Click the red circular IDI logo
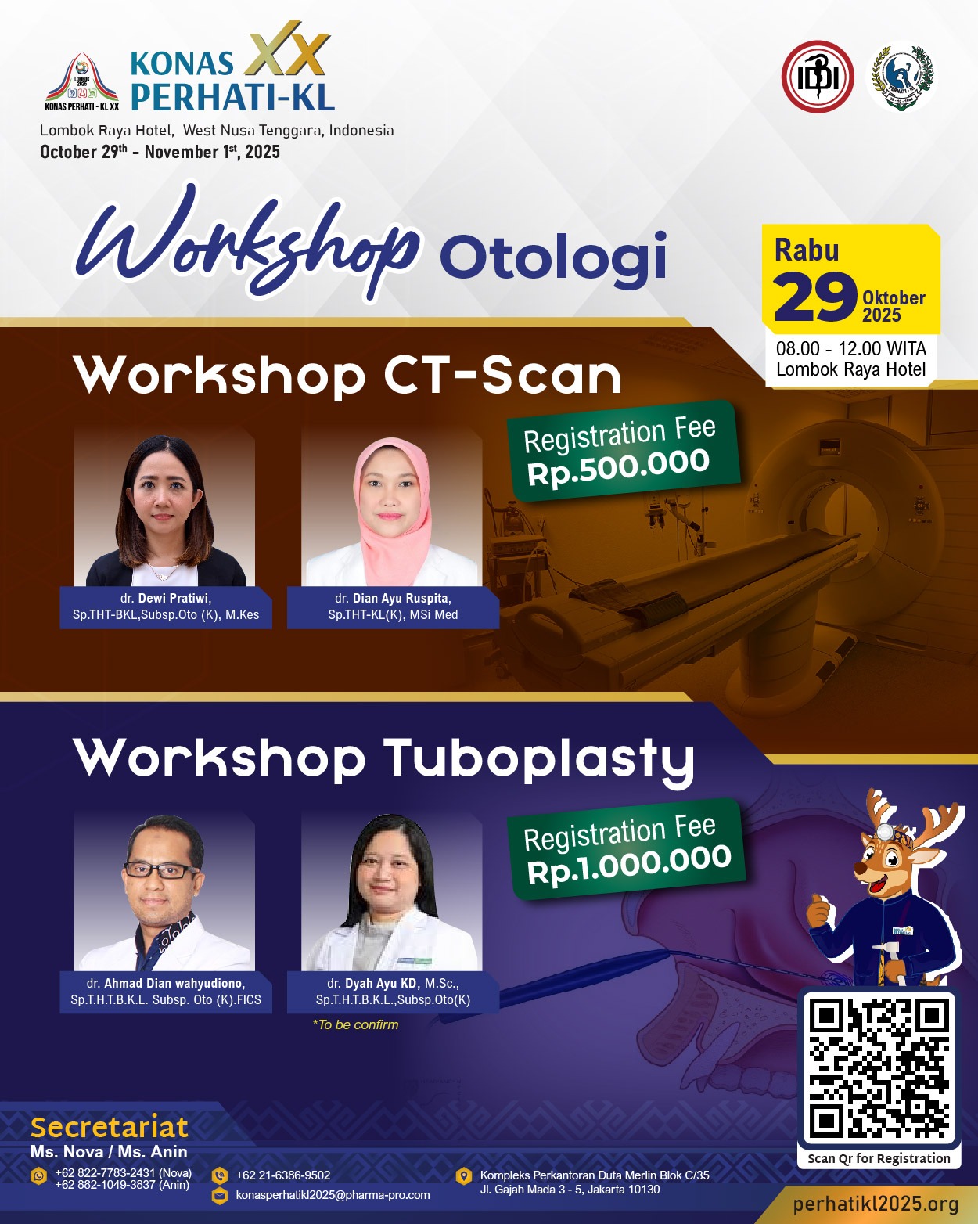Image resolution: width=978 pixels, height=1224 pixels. click(817, 76)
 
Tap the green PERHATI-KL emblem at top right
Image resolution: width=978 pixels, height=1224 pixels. click(901, 76)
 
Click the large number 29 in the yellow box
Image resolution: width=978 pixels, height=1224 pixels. click(815, 297)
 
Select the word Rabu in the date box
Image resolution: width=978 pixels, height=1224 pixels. click(807, 250)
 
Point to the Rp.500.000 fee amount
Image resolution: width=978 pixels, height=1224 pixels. click(618, 467)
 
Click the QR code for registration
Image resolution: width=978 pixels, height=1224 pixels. click(879, 1069)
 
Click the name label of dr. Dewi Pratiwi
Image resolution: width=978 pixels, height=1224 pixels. click(165, 607)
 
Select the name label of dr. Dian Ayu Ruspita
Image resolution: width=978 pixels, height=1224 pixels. click(393, 607)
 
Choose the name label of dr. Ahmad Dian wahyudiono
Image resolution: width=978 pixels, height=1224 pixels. click(165, 992)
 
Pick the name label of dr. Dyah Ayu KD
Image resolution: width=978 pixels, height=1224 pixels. click(393, 992)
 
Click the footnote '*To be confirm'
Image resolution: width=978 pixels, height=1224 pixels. click(355, 1025)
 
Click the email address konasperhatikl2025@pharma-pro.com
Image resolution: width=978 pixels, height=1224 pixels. click(333, 1195)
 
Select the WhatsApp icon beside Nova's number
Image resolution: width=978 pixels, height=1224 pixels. click(38, 1175)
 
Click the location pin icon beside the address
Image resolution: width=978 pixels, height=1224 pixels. click(464, 1175)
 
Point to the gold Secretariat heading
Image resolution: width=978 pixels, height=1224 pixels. click(110, 1127)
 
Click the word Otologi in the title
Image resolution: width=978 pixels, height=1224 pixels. click(553, 256)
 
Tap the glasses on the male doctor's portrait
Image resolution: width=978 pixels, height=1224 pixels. click(161, 870)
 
